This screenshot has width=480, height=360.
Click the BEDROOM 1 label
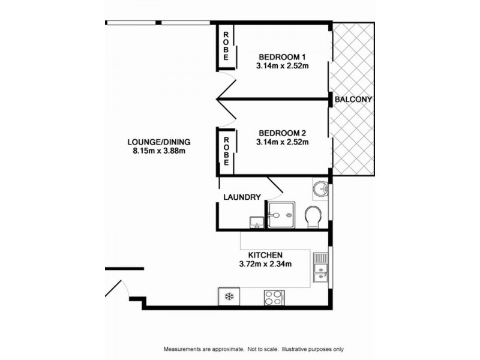[282, 57]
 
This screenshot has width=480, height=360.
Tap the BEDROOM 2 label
[282, 133]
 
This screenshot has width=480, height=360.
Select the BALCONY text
[353, 99]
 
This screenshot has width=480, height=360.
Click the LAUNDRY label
[242, 197]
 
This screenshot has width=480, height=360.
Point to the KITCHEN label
[265, 255]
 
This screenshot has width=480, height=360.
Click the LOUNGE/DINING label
[159, 142]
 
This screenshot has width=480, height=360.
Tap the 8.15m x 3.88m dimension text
[159, 151]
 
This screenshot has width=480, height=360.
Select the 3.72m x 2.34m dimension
[265, 263]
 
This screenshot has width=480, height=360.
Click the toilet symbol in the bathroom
[313, 217]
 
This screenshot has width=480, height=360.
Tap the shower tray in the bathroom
[281, 215]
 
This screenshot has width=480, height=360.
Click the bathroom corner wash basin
[320, 188]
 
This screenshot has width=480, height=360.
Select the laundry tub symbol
[257, 223]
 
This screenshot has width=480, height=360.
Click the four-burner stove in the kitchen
[274, 298]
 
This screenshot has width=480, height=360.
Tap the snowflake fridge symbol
[229, 296]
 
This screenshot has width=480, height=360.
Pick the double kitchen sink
[320, 268]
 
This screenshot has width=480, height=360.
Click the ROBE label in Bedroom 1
[226, 46]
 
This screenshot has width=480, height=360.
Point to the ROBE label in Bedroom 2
[226, 151]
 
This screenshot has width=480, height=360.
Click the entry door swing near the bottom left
[118, 289]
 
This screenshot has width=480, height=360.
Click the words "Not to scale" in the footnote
[263, 349]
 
